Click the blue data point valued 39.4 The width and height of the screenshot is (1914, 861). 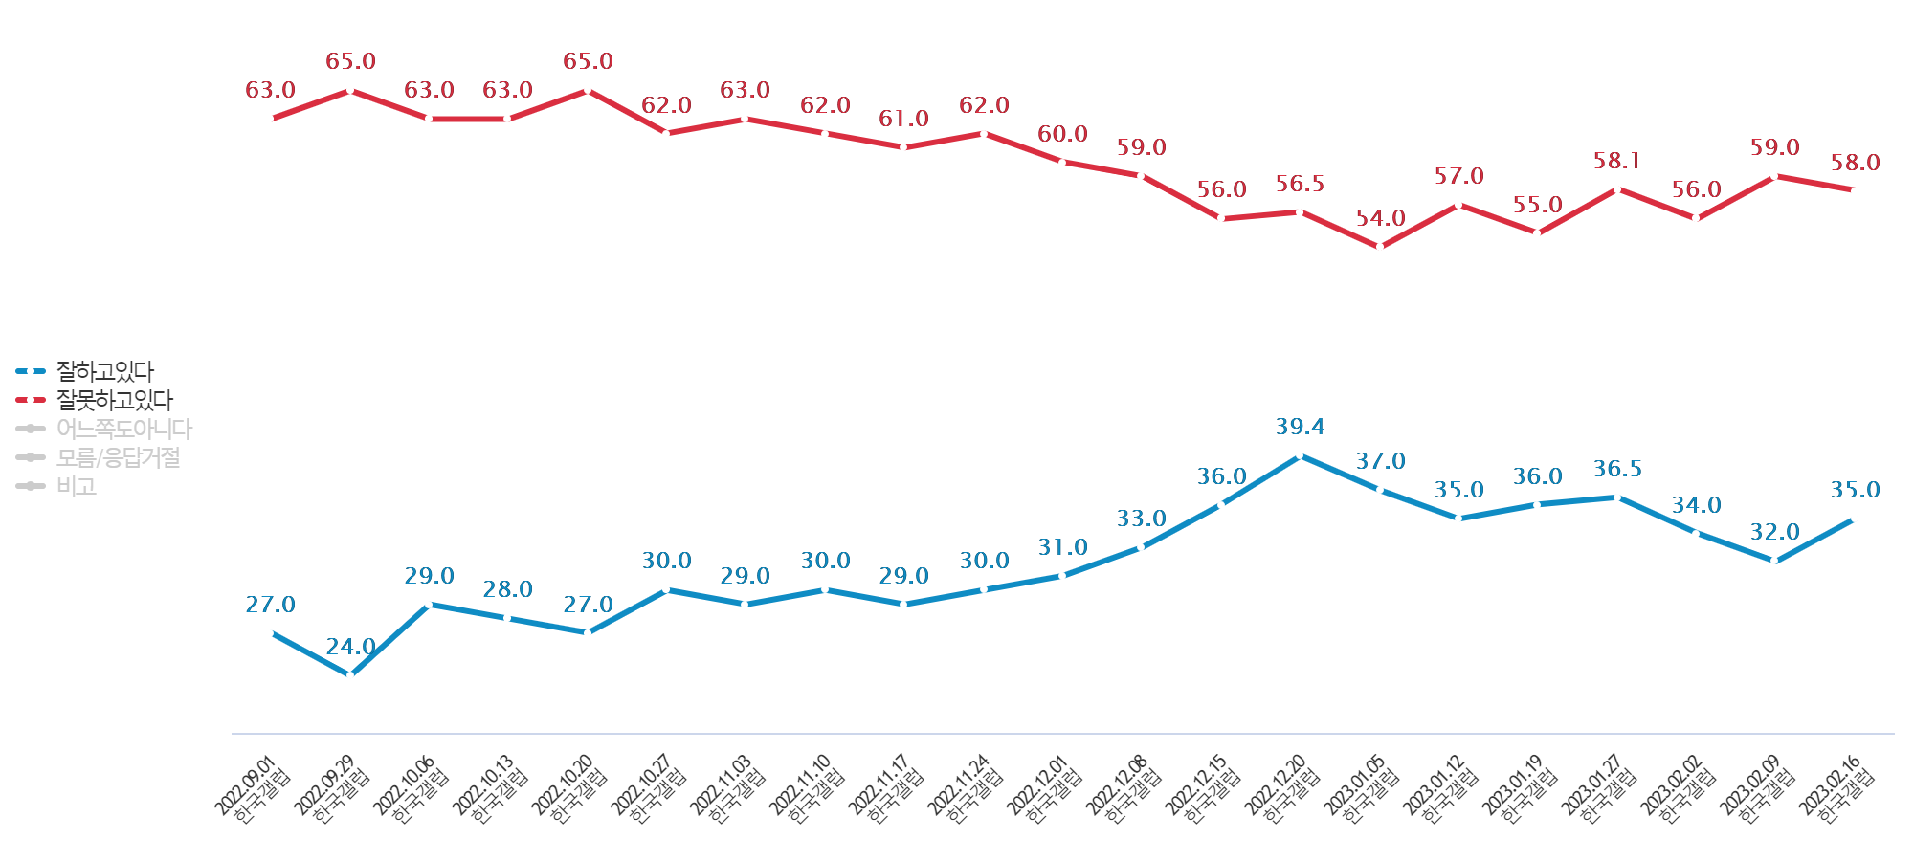(x=1300, y=455)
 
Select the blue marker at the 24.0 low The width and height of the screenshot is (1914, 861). (x=350, y=675)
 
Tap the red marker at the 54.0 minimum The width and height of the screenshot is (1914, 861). (x=1380, y=247)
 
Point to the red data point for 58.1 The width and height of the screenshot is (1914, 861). (x=1617, y=189)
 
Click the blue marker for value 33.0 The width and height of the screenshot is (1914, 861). (x=1141, y=547)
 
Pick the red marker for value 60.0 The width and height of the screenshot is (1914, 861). (x=1062, y=163)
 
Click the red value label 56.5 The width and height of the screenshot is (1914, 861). (x=1300, y=184)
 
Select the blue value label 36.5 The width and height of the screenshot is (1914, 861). (x=1617, y=469)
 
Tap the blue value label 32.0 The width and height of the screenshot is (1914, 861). (x=1775, y=532)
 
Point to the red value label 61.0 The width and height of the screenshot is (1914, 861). (x=904, y=119)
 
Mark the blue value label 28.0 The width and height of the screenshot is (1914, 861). (x=507, y=589)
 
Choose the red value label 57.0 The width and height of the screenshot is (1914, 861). (x=1458, y=176)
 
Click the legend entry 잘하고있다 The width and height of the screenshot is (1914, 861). (x=104, y=371)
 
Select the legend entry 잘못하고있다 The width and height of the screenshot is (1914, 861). (x=114, y=400)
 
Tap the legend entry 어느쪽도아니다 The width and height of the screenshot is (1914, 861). (x=123, y=429)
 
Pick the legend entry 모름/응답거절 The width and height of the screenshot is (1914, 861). (x=118, y=457)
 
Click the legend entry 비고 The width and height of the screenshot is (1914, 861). (x=77, y=486)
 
